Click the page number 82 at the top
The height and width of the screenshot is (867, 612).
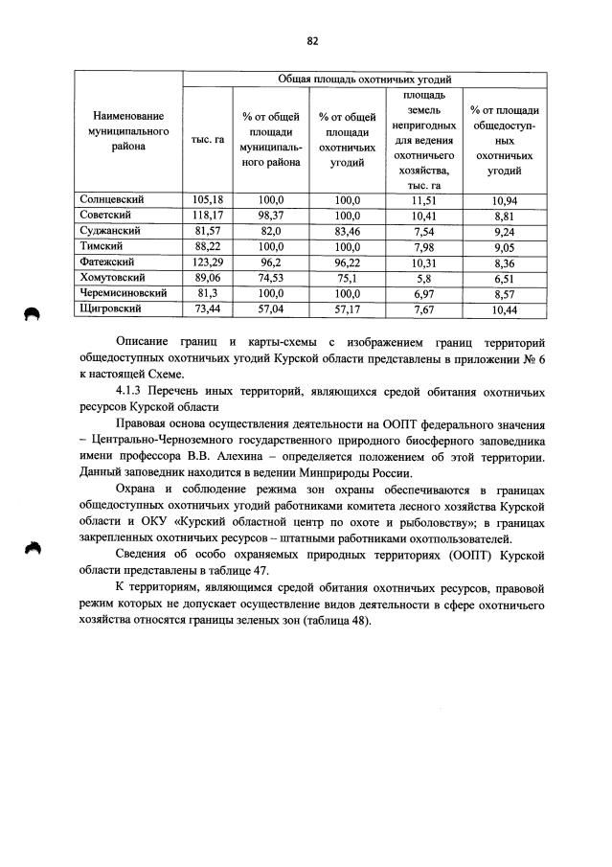tap(311, 40)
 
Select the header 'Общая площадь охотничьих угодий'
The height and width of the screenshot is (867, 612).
tap(364, 80)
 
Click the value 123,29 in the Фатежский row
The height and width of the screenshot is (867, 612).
tap(207, 262)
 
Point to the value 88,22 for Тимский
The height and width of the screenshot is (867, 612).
tap(207, 246)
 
